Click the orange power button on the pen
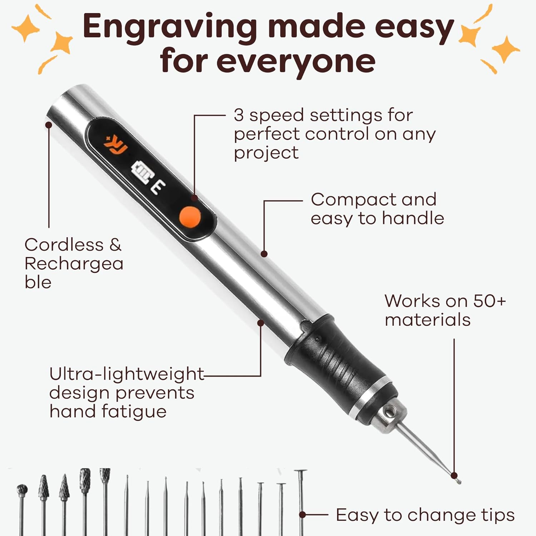(x=189, y=216)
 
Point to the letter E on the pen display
(x=158, y=187)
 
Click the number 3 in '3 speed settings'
(x=239, y=115)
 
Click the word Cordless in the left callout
(x=64, y=245)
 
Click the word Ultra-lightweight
(x=126, y=374)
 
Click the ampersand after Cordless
(x=115, y=245)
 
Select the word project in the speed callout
(x=266, y=153)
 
